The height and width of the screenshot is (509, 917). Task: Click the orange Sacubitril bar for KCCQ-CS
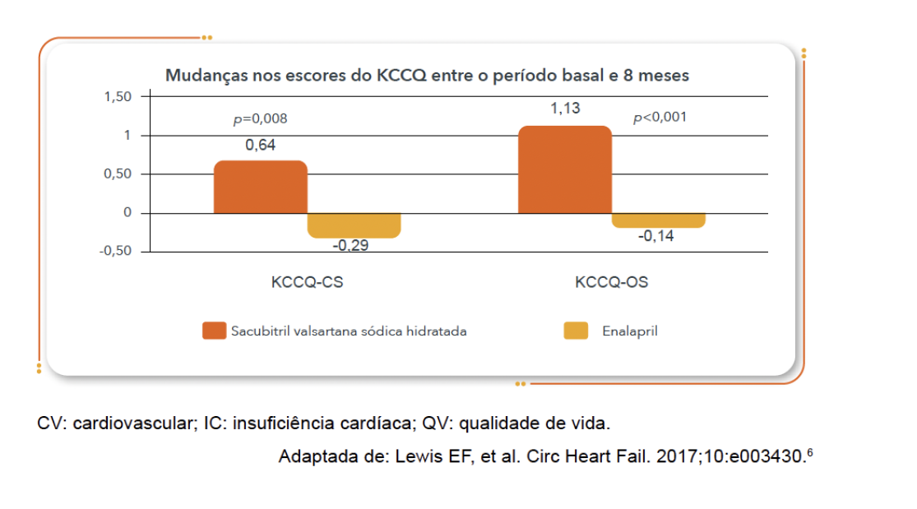point(260,187)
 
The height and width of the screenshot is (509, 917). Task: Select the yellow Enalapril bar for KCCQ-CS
point(354,225)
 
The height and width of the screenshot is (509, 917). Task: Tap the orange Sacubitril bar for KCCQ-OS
point(564,169)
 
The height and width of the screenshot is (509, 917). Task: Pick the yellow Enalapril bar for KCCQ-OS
point(658,220)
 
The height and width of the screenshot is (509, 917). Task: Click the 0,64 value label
point(260,146)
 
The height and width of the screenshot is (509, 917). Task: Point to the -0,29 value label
point(350,245)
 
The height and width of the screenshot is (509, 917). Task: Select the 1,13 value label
point(565,109)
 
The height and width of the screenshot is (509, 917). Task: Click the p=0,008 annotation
point(260,119)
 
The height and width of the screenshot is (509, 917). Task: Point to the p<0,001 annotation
point(660,118)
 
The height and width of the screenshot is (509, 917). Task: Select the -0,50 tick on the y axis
point(115,252)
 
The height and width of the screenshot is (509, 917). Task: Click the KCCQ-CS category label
point(307,282)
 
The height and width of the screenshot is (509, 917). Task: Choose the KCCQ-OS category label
point(611,282)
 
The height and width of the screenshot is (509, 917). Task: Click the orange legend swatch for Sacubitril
point(214,331)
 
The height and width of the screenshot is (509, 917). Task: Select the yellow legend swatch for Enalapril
point(575,331)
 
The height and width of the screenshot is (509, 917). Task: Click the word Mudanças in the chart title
point(200,76)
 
